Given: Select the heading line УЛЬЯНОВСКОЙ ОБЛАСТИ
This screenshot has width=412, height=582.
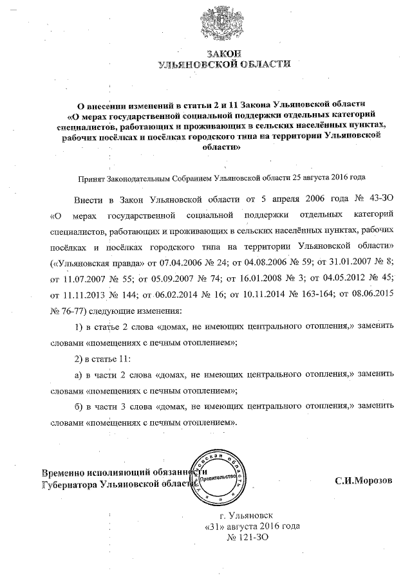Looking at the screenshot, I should pos(223,64).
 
